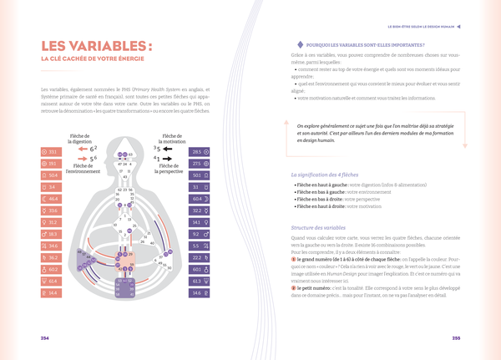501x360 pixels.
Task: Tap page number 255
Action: [456, 337]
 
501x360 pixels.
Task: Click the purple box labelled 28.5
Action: [200, 152]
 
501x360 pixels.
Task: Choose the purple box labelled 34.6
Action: [200, 293]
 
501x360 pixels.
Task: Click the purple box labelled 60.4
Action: [200, 199]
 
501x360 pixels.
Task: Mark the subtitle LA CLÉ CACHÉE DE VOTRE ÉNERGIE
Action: [93, 59]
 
